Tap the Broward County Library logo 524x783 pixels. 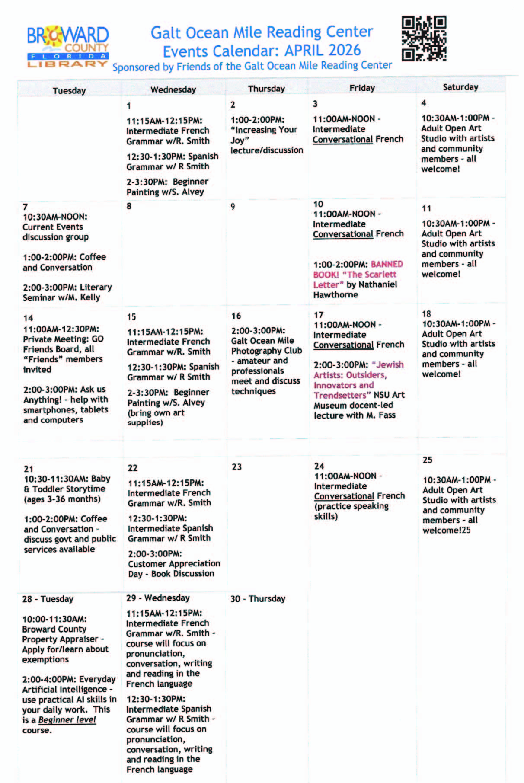(67, 47)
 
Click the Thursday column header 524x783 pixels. (266, 89)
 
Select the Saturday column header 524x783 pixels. (460, 87)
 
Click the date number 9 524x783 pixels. (233, 207)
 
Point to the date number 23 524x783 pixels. (236, 467)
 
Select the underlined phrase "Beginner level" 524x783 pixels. (67, 720)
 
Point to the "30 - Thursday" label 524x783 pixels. (258, 599)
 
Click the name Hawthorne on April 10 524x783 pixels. (335, 295)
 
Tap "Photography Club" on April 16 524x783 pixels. (266, 351)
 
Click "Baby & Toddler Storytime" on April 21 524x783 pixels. (67, 484)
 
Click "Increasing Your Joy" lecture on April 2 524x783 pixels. (264, 135)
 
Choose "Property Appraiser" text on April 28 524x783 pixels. (60, 639)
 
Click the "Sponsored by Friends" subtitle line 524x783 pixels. (252, 67)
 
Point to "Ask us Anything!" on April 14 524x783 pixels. (65, 394)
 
